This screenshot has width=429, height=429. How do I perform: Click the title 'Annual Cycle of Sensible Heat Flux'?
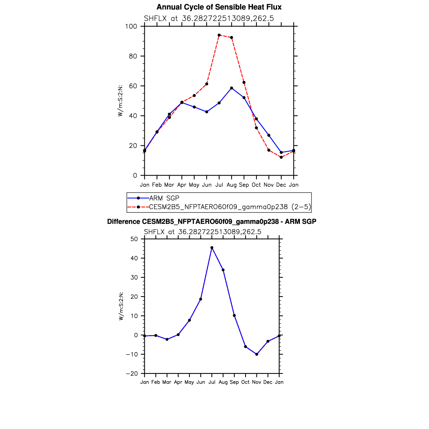219,7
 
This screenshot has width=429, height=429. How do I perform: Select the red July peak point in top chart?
219,35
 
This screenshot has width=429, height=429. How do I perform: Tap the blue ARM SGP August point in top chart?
231,88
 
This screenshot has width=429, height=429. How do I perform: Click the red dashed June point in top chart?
207,84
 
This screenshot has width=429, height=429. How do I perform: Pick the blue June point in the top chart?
207,112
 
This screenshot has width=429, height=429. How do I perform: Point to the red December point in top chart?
281,157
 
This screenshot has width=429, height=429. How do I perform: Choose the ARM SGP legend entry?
153,198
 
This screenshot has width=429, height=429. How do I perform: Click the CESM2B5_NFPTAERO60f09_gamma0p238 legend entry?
219,207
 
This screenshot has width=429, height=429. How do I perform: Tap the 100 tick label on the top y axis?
131,26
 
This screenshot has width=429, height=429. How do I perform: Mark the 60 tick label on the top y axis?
133,86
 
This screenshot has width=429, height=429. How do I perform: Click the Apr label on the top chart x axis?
182,185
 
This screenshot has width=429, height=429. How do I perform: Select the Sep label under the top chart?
244,185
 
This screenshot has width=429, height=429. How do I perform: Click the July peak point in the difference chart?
212,248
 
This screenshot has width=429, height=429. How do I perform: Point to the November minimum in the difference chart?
257,354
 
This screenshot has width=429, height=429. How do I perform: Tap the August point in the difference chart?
223,270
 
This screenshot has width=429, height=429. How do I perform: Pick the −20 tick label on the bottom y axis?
132,374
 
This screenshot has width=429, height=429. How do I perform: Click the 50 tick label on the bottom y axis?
134,239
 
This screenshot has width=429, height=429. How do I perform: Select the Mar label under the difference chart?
167,382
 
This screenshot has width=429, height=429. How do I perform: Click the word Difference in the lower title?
123,222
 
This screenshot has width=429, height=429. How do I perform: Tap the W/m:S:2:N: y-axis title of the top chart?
120,101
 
